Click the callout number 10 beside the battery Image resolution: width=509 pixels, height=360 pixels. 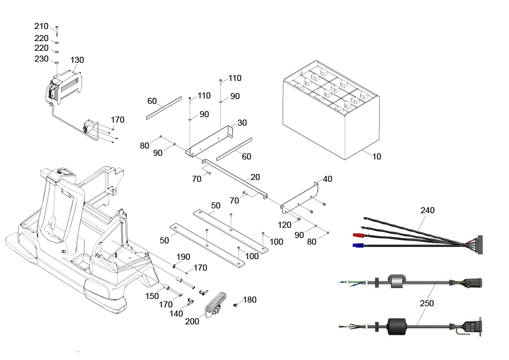[377, 156]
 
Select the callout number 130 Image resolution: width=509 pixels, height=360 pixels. [77, 60]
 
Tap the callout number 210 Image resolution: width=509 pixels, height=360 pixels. [41, 27]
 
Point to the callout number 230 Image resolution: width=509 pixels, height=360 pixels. [41, 59]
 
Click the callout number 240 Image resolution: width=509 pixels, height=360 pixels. [427, 210]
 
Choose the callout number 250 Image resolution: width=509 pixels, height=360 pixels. [427, 303]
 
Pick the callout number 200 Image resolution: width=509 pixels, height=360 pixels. [192, 321]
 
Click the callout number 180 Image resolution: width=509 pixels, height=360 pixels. [249, 300]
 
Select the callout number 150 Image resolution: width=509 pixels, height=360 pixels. [152, 296]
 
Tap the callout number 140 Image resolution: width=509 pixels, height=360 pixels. [176, 313]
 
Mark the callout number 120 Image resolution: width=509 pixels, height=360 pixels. [284, 225]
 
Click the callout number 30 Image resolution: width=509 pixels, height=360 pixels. [242, 123]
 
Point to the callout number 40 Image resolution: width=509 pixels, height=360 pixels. [327, 179]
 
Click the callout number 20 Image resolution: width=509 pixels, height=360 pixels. [255, 177]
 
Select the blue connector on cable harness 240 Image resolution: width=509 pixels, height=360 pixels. [357, 245]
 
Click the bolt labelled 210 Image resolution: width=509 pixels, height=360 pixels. [57, 31]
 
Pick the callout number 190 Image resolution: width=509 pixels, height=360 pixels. [183, 257]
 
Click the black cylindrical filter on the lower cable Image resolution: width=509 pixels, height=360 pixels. [397, 326]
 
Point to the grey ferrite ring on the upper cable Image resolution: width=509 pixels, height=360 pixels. [397, 281]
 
